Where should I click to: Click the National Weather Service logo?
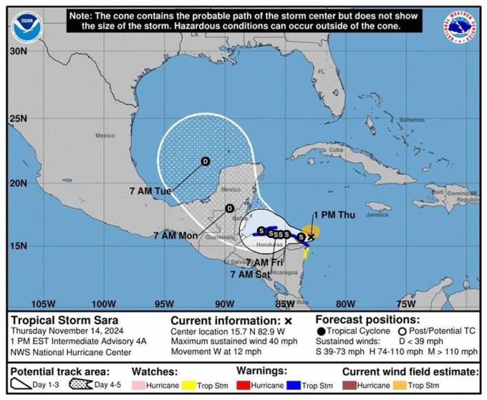click(460, 27)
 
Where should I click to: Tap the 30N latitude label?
click(18, 51)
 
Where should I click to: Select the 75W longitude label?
click(406, 304)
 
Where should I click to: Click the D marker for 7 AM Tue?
click(205, 161)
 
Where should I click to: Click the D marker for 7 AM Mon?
click(229, 209)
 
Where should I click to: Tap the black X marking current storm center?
click(311, 237)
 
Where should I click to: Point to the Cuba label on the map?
click(336, 149)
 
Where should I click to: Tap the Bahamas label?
click(412, 119)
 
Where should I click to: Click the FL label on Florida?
click(321, 71)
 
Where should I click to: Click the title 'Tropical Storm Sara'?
click(64, 320)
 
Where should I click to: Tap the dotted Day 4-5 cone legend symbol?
click(81, 385)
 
